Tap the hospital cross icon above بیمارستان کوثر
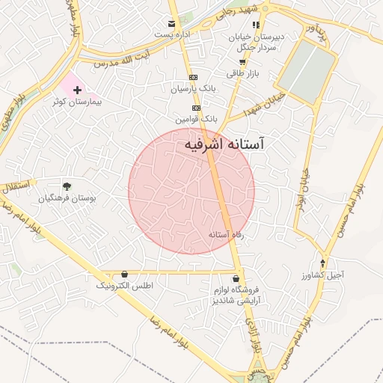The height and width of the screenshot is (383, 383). pos(77,90)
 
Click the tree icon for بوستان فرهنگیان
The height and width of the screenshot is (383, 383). pos(67,186)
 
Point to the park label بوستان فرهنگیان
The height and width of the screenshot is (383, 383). pos(72,198)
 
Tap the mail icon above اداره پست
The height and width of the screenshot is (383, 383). pos(172,24)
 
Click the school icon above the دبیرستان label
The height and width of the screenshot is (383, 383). pos(257,25)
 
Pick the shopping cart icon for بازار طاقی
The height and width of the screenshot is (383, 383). pos(242,62)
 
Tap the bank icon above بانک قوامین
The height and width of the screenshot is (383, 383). pos(196,108)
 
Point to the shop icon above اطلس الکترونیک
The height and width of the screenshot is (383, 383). pos(123,275)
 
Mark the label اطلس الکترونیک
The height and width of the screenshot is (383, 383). pos(124,286)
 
